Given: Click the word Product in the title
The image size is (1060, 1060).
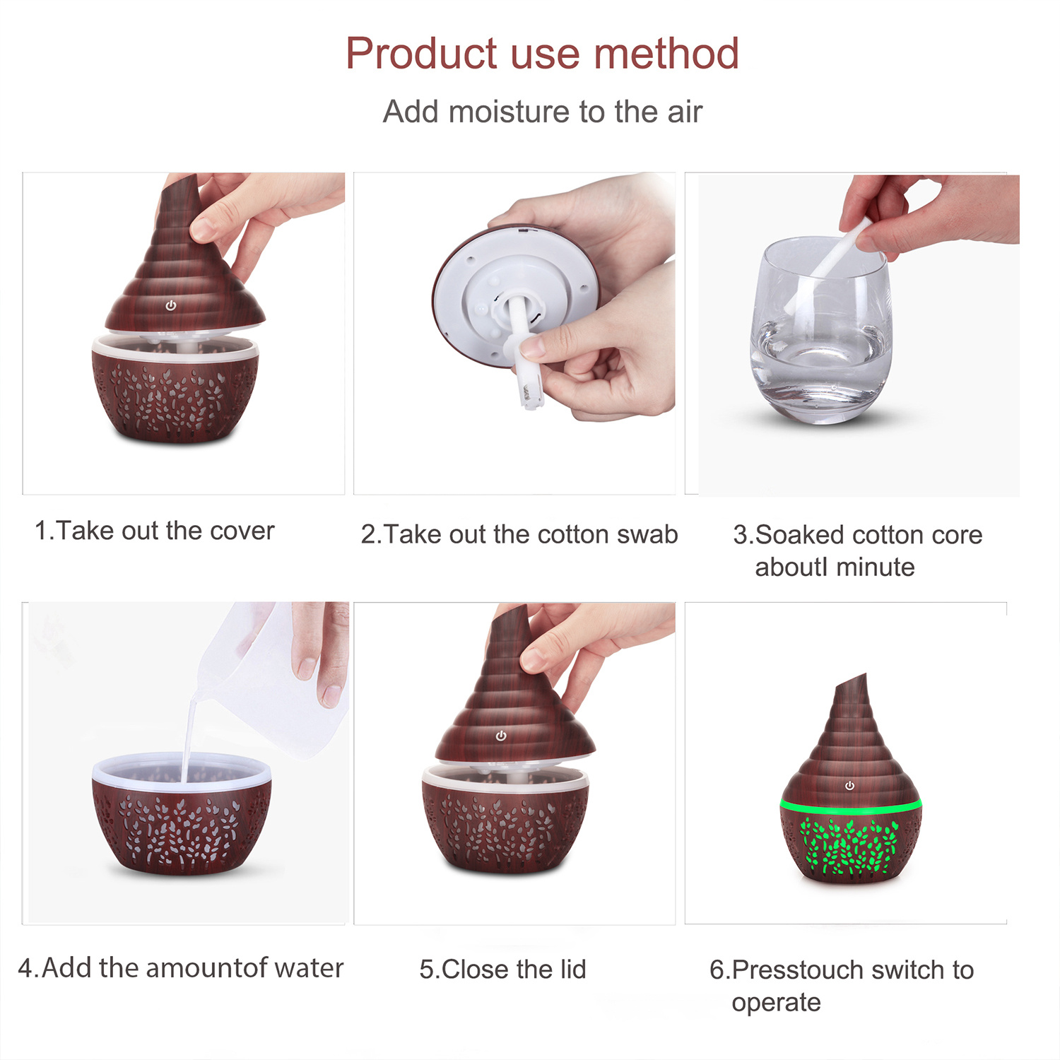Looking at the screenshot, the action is click(x=421, y=54).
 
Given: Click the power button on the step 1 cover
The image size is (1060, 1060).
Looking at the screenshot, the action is click(x=170, y=305).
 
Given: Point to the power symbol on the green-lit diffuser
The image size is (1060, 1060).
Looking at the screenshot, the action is click(x=849, y=786).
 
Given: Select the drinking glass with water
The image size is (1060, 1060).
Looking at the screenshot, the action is click(x=821, y=330).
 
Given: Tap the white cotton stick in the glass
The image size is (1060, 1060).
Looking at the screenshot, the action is click(x=827, y=266).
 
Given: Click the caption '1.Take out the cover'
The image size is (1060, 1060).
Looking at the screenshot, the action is click(x=154, y=531).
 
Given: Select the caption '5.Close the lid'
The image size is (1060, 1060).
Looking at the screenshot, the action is click(x=502, y=969).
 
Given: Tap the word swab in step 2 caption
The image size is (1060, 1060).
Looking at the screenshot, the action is click(x=647, y=534).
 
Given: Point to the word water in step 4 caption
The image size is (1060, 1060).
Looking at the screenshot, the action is click(x=309, y=967).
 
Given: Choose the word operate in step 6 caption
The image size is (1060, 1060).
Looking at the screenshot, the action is click(x=776, y=1003).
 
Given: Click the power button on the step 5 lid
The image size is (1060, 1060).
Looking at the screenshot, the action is click(x=501, y=736).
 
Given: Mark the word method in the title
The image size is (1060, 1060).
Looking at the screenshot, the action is click(x=666, y=54).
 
